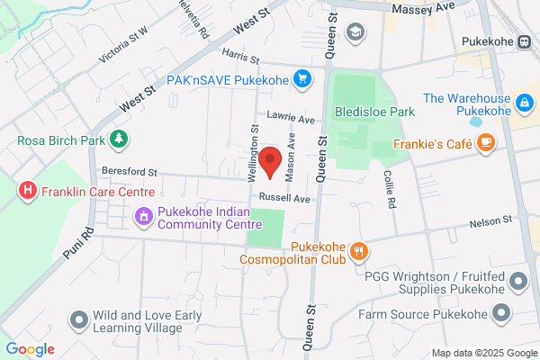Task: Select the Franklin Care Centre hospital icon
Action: click(x=28, y=191)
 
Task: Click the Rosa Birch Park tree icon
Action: click(x=118, y=139)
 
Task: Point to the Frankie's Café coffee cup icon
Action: click(x=486, y=141)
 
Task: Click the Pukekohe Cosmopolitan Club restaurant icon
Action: click(x=358, y=251)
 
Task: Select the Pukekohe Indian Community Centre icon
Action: click(x=142, y=216)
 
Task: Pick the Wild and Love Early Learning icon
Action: click(x=80, y=319)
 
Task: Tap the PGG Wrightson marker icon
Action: click(x=517, y=282)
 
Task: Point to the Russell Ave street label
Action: click(x=283, y=198)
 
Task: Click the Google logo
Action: click(x=30, y=349)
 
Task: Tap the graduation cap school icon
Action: click(x=355, y=32)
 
